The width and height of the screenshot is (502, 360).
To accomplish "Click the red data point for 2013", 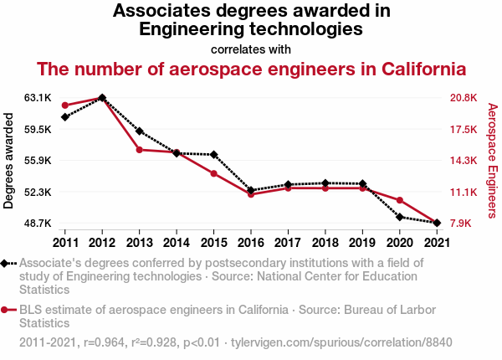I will [139, 150].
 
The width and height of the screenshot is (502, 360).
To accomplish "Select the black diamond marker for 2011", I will [65, 116].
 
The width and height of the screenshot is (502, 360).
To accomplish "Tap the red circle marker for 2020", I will [400, 200].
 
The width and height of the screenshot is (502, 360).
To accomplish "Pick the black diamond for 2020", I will [400, 217].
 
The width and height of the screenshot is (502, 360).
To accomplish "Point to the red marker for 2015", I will [213, 173].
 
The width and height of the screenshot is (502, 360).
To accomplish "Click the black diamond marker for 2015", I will [213, 155].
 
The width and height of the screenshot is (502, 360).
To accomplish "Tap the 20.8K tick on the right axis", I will [463, 98].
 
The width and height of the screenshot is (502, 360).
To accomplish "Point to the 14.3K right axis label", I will [463, 161].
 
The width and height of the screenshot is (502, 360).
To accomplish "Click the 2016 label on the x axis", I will [250, 243].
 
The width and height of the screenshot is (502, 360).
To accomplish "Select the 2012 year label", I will [102, 243].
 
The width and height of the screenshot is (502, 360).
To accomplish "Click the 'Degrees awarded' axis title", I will [9, 161].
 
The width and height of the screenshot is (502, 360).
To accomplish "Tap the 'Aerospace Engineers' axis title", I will [493, 161].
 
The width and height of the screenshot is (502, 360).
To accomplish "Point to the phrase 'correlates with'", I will [251, 49].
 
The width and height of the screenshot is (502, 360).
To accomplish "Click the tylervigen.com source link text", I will [341, 342].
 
